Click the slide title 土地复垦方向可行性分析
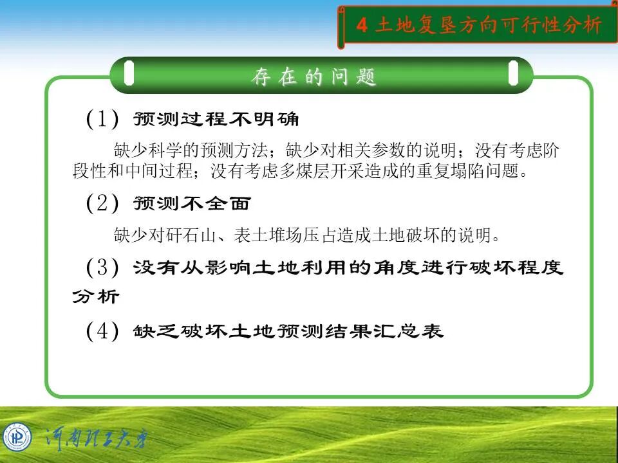488,26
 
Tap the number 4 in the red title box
362,26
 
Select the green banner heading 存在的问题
314,77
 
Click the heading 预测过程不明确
216,120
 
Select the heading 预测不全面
191,204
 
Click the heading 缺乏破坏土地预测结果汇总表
288,332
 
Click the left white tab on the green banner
129,73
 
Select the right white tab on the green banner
513,73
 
